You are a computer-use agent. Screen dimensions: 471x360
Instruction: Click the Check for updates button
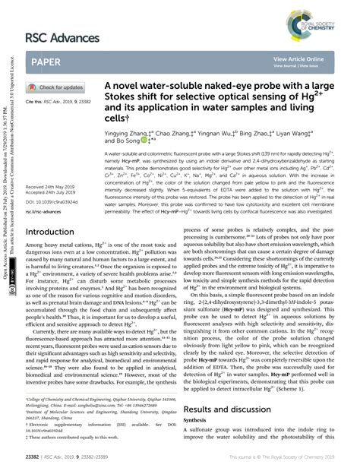point(61,87)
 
